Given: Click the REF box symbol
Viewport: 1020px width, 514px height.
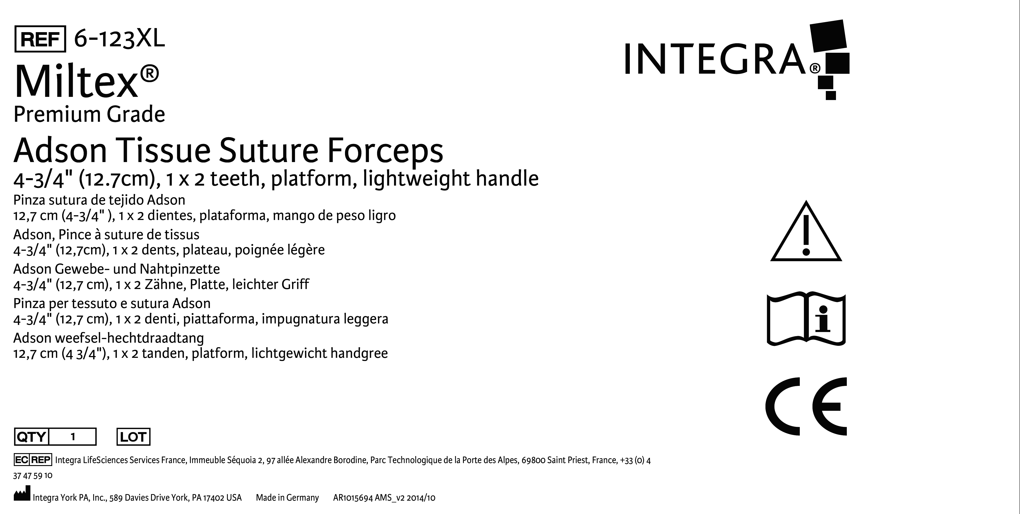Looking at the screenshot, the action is (40, 39).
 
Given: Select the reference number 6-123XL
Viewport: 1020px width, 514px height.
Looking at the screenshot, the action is (119, 39).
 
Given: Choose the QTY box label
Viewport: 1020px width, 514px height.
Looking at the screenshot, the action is (31, 437).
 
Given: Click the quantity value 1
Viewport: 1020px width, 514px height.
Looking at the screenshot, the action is (73, 437).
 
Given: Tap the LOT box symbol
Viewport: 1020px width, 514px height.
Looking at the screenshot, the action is (133, 437).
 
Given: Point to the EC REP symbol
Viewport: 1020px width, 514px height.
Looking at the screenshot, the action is (33, 460).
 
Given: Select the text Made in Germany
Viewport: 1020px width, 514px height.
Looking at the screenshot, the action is (287, 498).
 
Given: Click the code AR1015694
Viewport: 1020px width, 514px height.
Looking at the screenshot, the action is (353, 498).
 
